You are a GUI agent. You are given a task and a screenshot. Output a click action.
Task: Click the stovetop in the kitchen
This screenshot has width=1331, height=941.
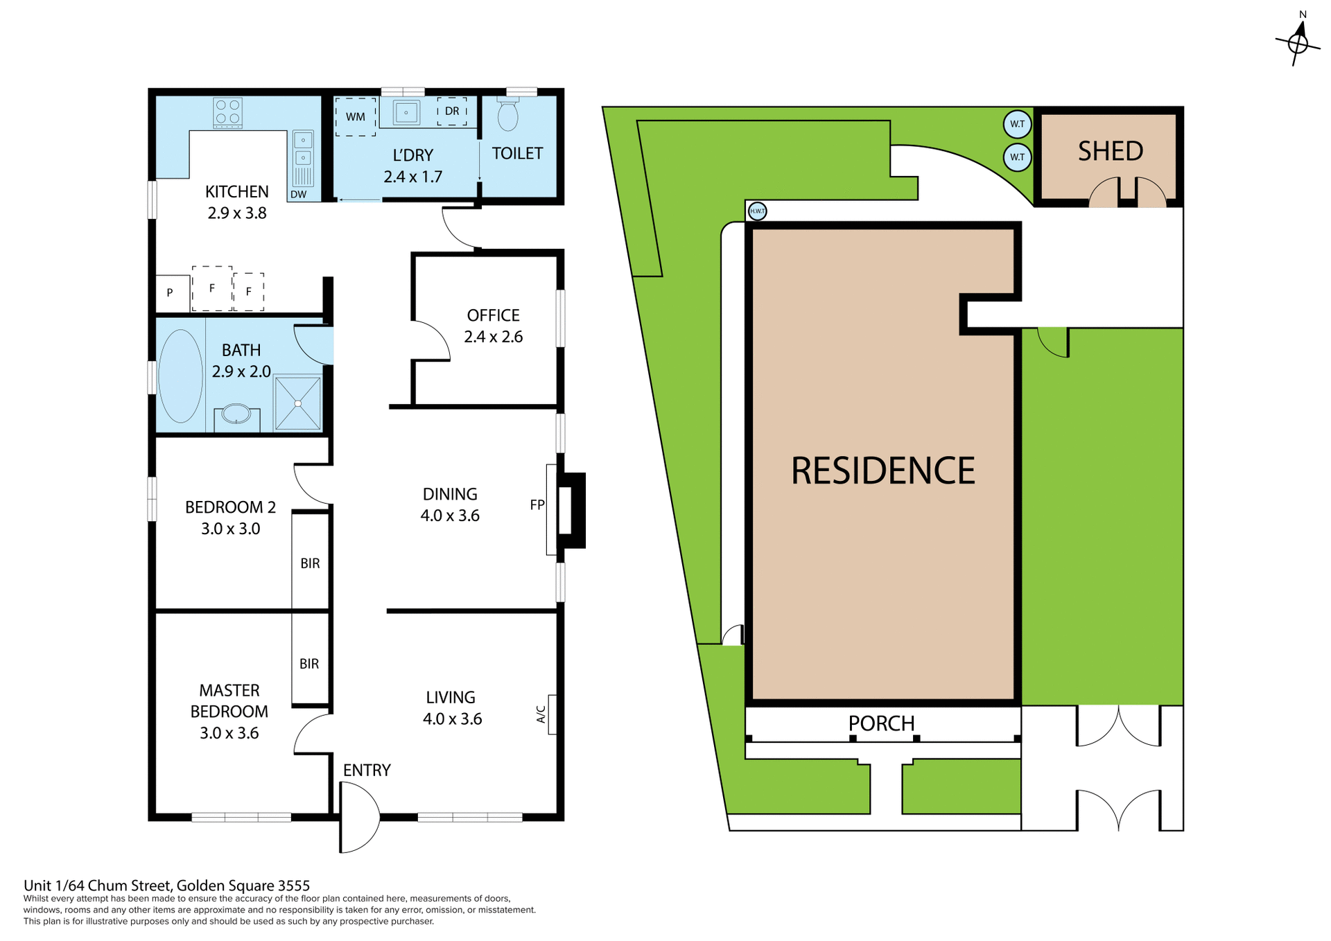tap(227, 112)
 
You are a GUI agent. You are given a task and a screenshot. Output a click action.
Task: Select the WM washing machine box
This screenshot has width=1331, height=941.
tap(356, 116)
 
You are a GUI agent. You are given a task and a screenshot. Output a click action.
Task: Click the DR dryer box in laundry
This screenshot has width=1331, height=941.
tap(452, 111)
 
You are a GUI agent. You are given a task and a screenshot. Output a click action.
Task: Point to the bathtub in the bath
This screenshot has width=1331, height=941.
tap(181, 376)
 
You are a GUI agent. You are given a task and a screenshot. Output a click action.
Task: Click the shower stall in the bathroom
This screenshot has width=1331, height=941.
tap(298, 403)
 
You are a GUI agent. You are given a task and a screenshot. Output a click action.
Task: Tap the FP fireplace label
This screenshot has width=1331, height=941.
tap(537, 505)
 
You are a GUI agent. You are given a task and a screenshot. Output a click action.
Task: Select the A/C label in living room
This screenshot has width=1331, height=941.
tap(541, 714)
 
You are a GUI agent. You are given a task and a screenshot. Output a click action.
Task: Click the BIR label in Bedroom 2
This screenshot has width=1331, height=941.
tap(310, 563)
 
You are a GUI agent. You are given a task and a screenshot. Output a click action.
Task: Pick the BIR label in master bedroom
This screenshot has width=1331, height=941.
tap(309, 664)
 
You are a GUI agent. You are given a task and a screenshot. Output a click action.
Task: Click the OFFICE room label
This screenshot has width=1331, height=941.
tap(493, 315)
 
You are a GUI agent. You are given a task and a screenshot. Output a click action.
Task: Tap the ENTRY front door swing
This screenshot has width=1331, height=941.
tap(360, 818)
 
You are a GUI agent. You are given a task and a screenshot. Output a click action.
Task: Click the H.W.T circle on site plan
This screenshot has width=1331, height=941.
tap(758, 211)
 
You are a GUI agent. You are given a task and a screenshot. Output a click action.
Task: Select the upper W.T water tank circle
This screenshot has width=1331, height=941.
tap(1017, 124)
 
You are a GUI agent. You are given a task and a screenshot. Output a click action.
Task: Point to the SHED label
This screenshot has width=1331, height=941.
tap(1110, 151)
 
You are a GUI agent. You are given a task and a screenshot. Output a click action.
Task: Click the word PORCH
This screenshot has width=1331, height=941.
tap(881, 723)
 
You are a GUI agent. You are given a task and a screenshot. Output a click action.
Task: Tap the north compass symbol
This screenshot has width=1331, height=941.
tap(1298, 43)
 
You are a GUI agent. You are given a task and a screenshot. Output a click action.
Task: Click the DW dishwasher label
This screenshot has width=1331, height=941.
tap(298, 195)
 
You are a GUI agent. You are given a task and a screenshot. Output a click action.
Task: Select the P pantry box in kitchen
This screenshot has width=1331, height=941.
tap(171, 293)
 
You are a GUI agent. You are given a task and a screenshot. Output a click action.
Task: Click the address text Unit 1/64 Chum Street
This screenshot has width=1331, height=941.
tap(166, 885)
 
